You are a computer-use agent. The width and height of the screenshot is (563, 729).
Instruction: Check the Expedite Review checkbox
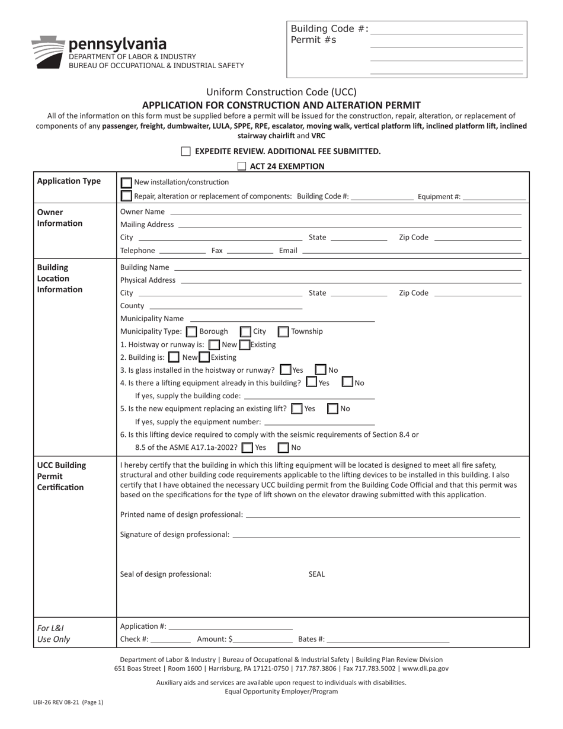[x=186, y=151]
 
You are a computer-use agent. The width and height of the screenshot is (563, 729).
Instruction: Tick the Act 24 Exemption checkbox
[x=242, y=166]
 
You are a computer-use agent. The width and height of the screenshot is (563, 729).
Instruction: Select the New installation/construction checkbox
[x=127, y=183]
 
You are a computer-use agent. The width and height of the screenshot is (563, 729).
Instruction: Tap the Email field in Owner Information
[x=411, y=251]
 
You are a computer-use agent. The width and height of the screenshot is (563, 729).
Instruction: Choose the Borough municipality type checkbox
[x=191, y=332]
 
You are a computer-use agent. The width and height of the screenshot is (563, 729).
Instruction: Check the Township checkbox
[x=283, y=332]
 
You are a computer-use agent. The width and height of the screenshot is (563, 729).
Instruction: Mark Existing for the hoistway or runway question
[x=244, y=345]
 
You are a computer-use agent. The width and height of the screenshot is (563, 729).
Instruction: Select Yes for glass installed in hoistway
[x=286, y=370]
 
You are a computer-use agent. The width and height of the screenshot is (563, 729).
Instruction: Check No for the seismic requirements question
[x=284, y=447]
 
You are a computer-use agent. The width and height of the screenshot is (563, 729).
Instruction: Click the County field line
[x=226, y=306]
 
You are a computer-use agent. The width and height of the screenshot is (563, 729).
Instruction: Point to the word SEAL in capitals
[x=316, y=574]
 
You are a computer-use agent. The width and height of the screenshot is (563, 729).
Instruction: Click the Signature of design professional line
[x=376, y=535]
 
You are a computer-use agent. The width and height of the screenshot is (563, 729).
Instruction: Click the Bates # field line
[x=388, y=640]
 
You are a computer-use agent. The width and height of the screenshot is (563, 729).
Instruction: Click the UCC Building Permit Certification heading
[x=62, y=476]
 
